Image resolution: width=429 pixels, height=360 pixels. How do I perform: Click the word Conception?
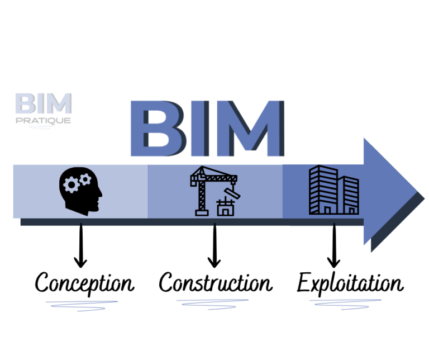click(x=84, y=283)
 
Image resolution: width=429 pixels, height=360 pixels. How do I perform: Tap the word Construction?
click(x=216, y=282)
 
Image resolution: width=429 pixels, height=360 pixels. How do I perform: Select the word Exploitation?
click(x=350, y=283)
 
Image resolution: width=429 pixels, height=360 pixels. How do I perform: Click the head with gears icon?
click(x=80, y=191)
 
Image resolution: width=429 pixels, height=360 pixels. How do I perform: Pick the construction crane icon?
click(x=215, y=191)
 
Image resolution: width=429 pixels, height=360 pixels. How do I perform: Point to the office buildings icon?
click(x=334, y=190)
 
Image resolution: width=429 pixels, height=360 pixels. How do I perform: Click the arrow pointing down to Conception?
click(x=80, y=245)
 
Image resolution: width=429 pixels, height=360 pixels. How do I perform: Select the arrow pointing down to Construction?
click(x=214, y=245)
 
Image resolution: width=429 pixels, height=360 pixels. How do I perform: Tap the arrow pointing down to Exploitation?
click(x=334, y=245)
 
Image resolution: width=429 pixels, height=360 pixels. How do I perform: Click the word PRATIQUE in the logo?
click(x=43, y=120)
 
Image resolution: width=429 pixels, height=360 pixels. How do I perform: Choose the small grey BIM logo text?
click(x=44, y=103)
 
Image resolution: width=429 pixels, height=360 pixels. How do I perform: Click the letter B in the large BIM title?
click(x=159, y=129)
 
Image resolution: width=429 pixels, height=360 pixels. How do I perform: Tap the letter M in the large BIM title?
click(x=249, y=129)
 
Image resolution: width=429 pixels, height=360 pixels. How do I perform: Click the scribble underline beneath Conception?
click(x=82, y=306)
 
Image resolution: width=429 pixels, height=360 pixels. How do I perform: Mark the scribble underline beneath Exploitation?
click(x=345, y=305)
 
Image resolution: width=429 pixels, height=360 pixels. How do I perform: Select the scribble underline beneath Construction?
click(x=213, y=305)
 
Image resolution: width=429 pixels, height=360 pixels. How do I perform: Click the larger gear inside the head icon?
click(x=71, y=184)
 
